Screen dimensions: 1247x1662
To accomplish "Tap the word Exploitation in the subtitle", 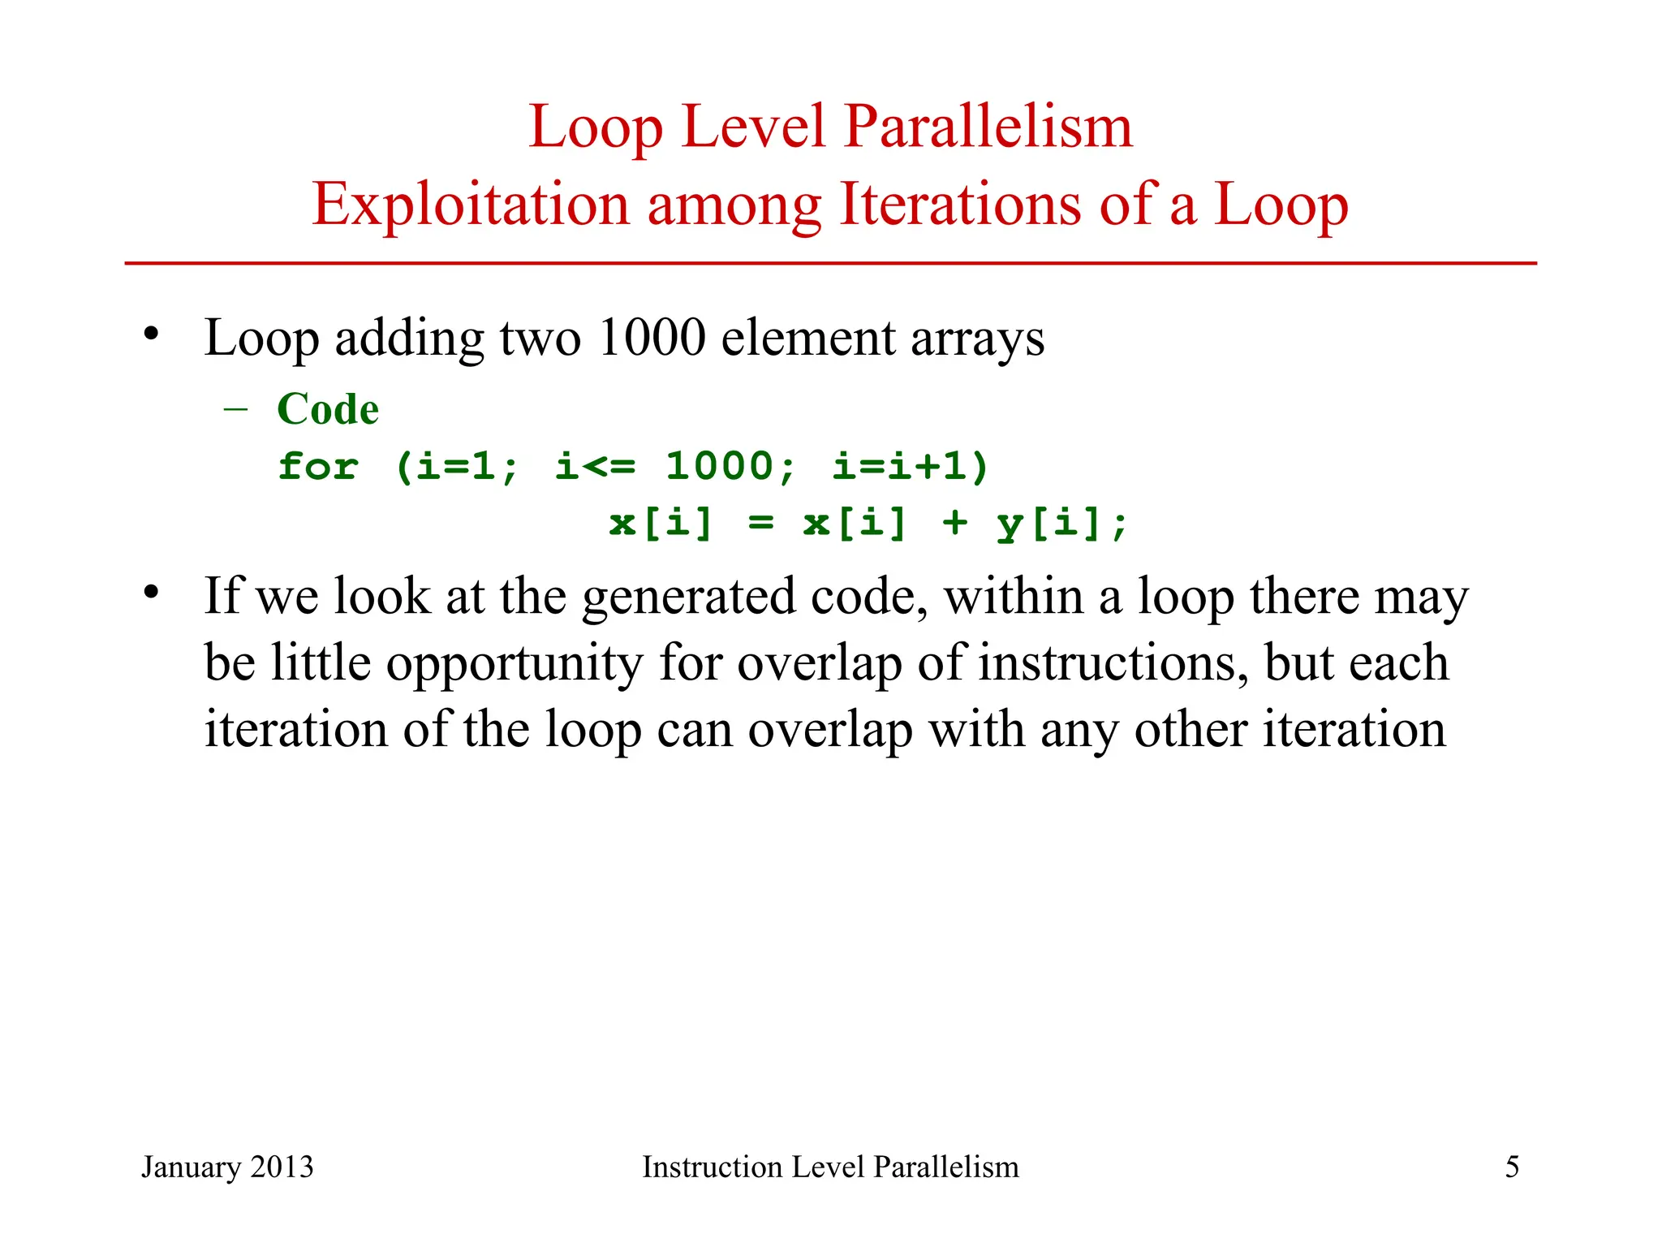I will point(471,205).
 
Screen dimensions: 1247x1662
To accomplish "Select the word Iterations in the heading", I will point(960,205).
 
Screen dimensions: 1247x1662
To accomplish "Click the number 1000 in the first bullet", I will point(652,338).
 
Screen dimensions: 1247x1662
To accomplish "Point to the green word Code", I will point(328,408).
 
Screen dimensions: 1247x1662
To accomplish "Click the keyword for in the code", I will point(318,467).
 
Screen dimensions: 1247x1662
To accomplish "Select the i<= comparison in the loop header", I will point(596,467).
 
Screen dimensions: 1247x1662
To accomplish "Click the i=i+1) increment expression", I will point(910,467).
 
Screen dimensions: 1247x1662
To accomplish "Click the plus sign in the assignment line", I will point(955,523).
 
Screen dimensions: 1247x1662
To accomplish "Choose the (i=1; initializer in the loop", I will point(456,467).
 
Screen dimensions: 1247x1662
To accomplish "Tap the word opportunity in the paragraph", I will point(514,663).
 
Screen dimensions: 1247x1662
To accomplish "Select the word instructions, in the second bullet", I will point(1113,663).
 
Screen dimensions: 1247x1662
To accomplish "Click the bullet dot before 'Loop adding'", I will point(151,334).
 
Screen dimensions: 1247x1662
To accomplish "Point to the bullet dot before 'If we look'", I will point(151,593).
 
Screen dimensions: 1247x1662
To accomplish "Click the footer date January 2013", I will point(227,1167).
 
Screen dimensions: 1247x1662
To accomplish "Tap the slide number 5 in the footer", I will point(1512,1167).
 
